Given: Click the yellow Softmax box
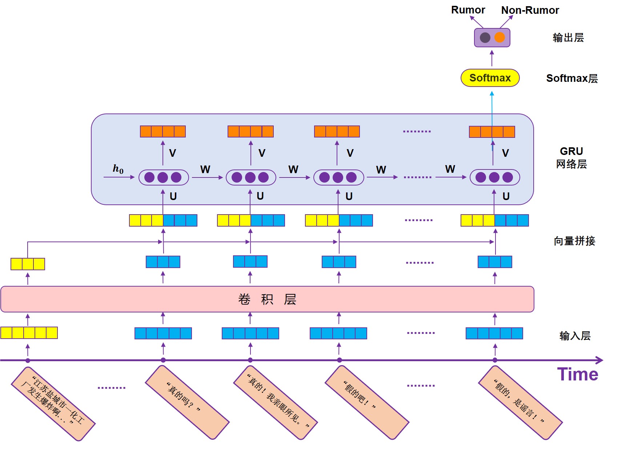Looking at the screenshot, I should tap(490, 78).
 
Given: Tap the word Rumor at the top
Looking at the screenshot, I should tap(468, 10).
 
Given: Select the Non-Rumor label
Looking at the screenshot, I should tap(530, 10).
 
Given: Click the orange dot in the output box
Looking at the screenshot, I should tap(499, 37).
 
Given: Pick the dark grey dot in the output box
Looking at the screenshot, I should tap(485, 37).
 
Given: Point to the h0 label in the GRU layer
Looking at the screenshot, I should tap(118, 169).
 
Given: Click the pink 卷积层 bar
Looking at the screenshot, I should tap(267, 299).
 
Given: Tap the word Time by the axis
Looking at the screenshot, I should tap(577, 374).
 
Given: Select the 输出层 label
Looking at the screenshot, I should tap(568, 37).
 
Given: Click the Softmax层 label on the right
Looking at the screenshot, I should tap(572, 78).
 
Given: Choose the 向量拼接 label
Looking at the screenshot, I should tap(574, 241).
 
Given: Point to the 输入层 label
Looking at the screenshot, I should tap(575, 335).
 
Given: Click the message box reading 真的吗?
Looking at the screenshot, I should tap(187, 402).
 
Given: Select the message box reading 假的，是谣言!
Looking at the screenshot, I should tap(520, 403).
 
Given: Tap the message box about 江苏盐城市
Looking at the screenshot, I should tap(53, 404).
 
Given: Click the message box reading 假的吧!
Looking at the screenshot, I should tap(367, 402).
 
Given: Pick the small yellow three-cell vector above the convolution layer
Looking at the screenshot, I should tap(28, 264).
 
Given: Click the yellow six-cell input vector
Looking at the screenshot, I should tap(29, 333).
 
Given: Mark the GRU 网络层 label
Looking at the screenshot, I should tap(571, 157).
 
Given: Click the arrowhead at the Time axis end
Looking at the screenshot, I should tap(600, 360).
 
